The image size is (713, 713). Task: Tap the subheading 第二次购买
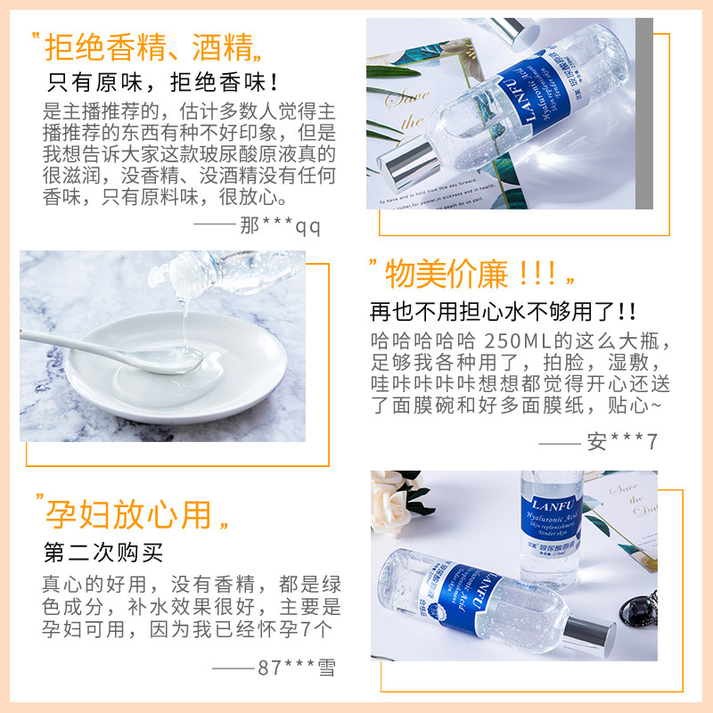pyautogui.click(x=104, y=552)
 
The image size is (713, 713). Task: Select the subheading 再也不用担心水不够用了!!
pyautogui.click(x=504, y=312)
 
